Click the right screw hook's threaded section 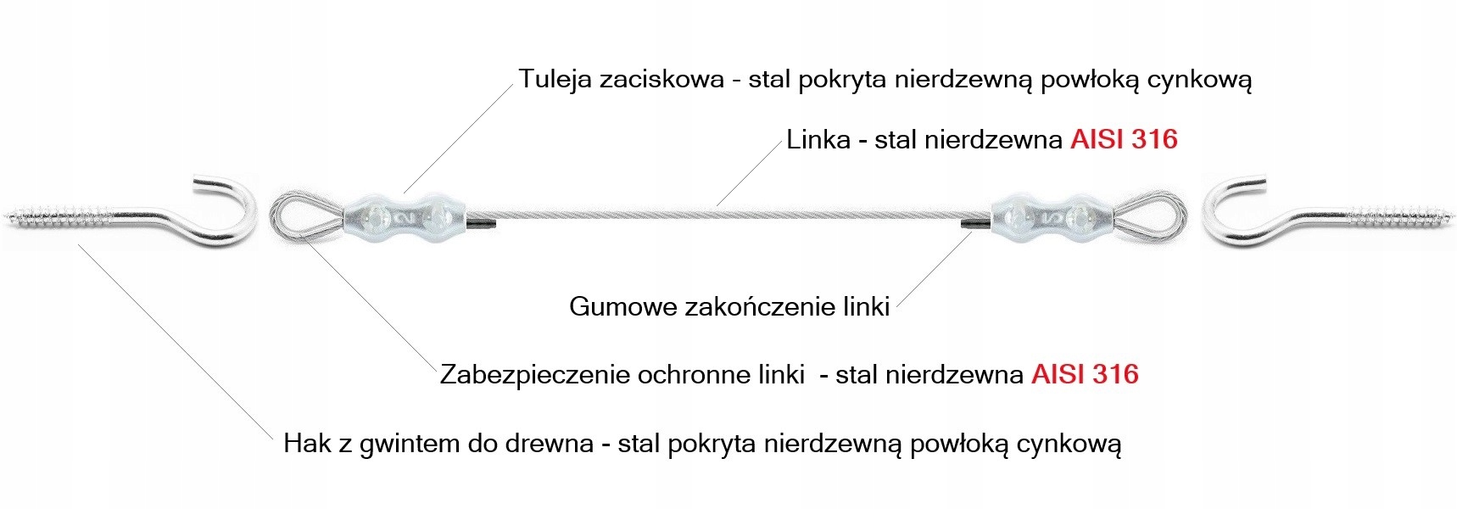[x=1399, y=218]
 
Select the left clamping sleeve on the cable [x=405, y=219]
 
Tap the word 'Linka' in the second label [x=818, y=139]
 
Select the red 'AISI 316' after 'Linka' [x=1124, y=139]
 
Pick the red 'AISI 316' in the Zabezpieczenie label [x=1085, y=374]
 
